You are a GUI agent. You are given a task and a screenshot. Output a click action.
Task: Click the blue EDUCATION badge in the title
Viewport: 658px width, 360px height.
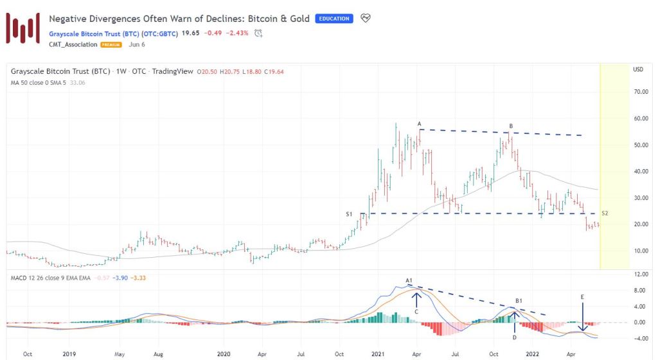[334, 19]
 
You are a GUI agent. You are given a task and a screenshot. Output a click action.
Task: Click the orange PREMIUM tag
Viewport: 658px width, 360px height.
[111, 44]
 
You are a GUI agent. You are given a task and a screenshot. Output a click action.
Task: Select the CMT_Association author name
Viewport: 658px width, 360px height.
[73, 44]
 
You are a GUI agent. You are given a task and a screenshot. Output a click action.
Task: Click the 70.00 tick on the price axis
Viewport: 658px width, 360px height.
[639, 92]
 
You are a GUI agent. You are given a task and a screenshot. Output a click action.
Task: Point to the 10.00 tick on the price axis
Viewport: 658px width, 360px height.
[639, 251]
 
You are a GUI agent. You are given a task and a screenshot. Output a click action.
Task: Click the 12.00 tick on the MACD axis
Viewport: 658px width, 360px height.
[639, 274]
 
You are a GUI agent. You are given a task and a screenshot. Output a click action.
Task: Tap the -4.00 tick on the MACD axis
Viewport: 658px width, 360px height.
[639, 338]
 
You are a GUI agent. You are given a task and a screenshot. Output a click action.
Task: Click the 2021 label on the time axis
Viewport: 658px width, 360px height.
[378, 354]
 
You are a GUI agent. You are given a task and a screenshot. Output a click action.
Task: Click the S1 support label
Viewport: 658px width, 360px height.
[350, 213]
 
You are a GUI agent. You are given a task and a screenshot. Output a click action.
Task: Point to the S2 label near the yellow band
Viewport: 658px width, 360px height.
[605, 213]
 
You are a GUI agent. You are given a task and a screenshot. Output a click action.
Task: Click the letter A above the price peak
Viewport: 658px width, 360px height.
[419, 123]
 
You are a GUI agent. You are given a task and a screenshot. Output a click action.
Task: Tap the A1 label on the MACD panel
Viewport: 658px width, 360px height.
[409, 280]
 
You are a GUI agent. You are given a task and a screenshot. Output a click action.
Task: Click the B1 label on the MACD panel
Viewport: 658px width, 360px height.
[519, 300]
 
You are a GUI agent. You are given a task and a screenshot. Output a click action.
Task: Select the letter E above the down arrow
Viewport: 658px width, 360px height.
[582, 298]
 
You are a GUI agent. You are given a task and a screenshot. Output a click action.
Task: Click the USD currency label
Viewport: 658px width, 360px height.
[638, 69]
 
